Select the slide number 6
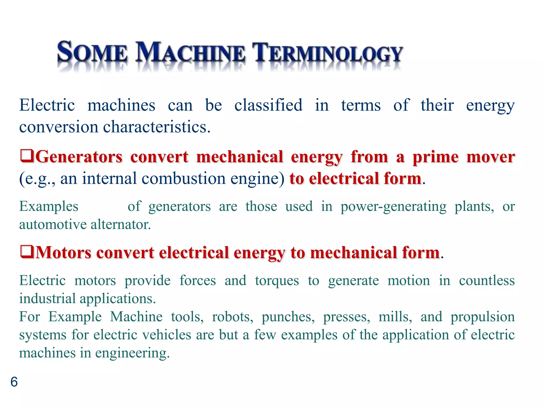pos(14,382)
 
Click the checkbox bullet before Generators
pos(27,156)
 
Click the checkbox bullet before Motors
pos(27,252)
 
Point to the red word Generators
pos(79,157)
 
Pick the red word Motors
pos(63,252)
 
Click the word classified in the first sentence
pos(268,105)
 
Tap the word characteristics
pos(156,127)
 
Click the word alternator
pos(121,224)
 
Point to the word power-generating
pos(393,206)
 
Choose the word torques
pos(277,281)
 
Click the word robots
pos(233,317)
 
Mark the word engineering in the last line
pos(132,353)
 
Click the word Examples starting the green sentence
pos(49,206)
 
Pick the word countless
pos(487,281)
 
